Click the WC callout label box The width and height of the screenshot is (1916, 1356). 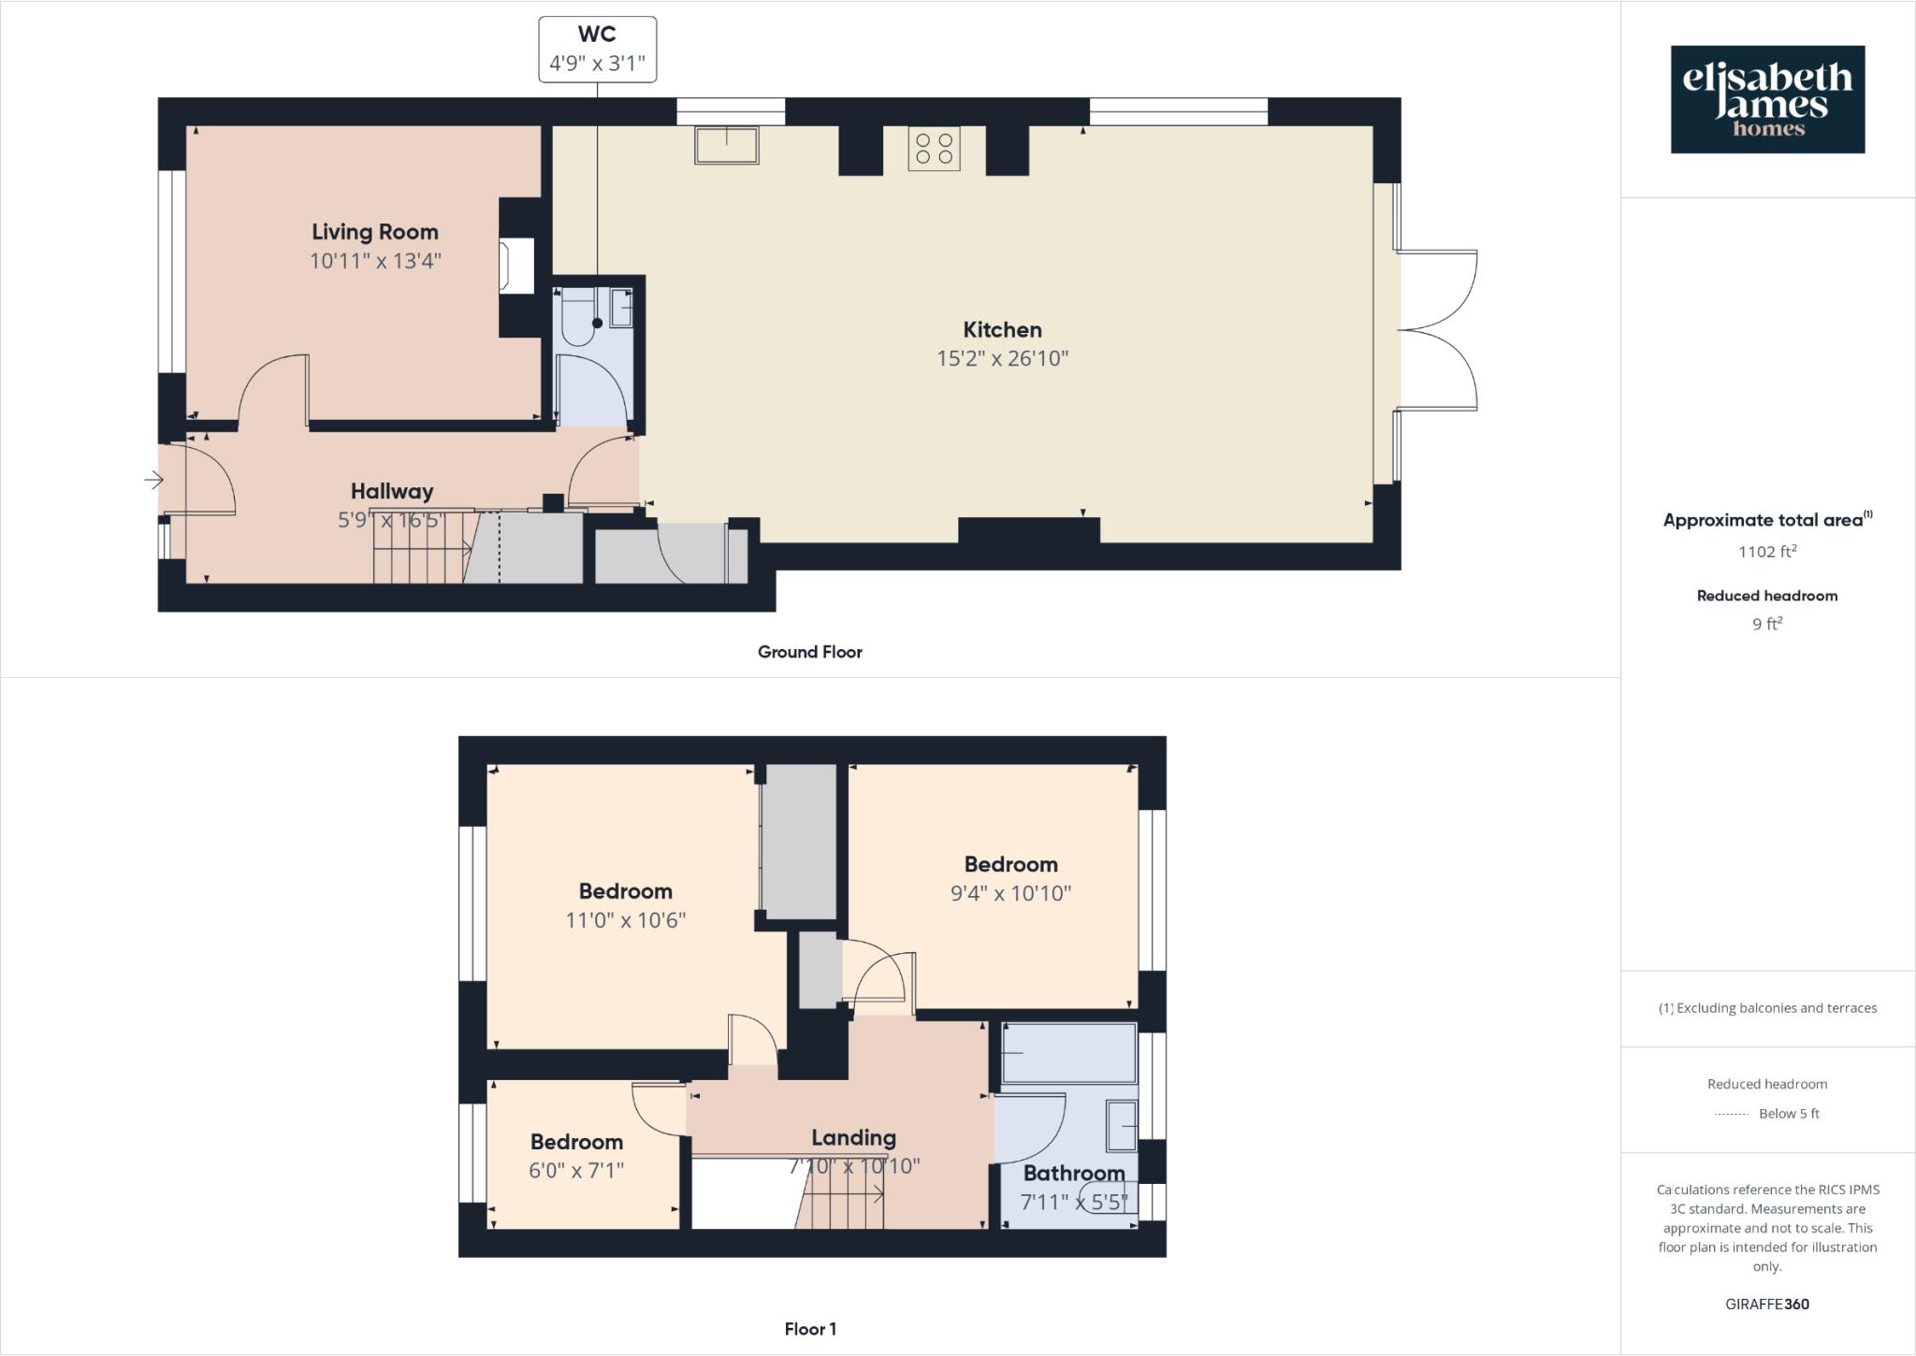pyautogui.click(x=597, y=50)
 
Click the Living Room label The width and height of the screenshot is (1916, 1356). pyautogui.click(x=375, y=232)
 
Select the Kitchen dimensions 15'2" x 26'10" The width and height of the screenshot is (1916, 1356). pyautogui.click(x=1002, y=358)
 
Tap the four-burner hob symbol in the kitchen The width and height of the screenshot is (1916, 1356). pyautogui.click(x=934, y=149)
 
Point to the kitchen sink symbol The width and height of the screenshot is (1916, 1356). pyautogui.click(x=726, y=145)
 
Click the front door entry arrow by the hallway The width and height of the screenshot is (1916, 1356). pyautogui.click(x=153, y=481)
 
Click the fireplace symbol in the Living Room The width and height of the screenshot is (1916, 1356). pyautogui.click(x=517, y=266)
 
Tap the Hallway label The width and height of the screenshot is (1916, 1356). pyautogui.click(x=392, y=491)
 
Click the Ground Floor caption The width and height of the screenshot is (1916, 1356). pyautogui.click(x=809, y=652)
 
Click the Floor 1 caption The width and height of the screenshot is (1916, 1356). pyautogui.click(x=810, y=1329)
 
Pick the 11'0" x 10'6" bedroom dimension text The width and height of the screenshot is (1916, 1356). pyautogui.click(x=625, y=920)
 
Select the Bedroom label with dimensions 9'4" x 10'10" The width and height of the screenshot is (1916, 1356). pyautogui.click(x=1010, y=864)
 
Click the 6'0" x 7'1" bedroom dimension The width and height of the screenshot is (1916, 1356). pyautogui.click(x=576, y=1170)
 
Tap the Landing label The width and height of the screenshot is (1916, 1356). pyautogui.click(x=853, y=1138)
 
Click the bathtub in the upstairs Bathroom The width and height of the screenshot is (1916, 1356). pyautogui.click(x=1069, y=1053)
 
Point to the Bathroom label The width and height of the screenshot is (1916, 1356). pyautogui.click(x=1073, y=1173)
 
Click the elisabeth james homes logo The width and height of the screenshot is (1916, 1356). pyautogui.click(x=1767, y=99)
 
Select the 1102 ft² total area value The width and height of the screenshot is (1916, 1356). pyautogui.click(x=1766, y=552)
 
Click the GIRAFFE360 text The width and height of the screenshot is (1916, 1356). pyautogui.click(x=1766, y=1304)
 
